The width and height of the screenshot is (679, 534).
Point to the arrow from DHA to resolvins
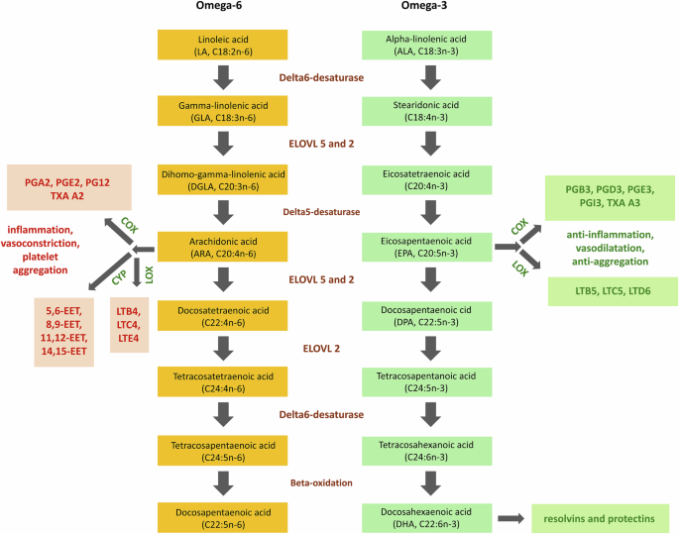511,517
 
